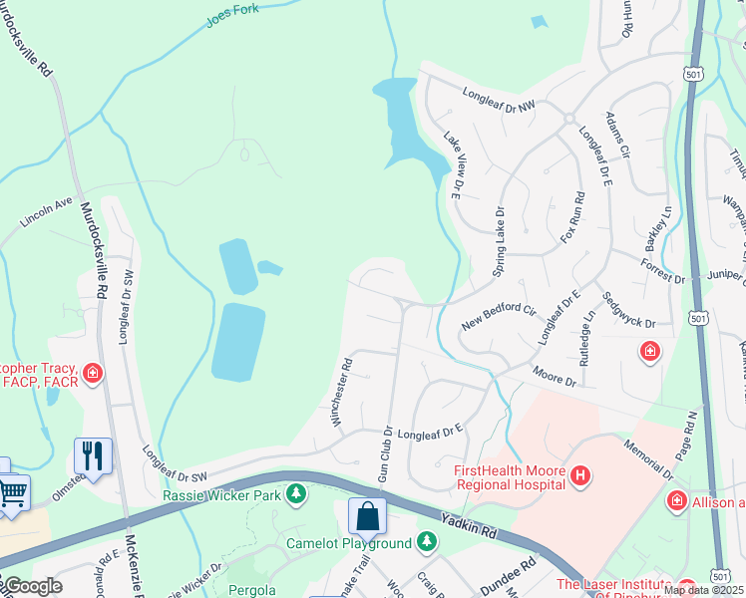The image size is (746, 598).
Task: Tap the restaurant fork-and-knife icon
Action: tap(93, 455)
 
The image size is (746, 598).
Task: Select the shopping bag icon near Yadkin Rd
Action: tap(367, 515)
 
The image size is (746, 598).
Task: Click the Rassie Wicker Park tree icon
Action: tap(296, 493)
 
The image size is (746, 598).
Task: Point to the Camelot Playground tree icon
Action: tap(427, 542)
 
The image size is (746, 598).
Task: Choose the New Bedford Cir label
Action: tap(500, 319)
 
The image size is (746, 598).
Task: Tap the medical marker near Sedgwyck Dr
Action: tap(649, 352)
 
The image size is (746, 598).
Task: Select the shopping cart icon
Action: tap(12, 492)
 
